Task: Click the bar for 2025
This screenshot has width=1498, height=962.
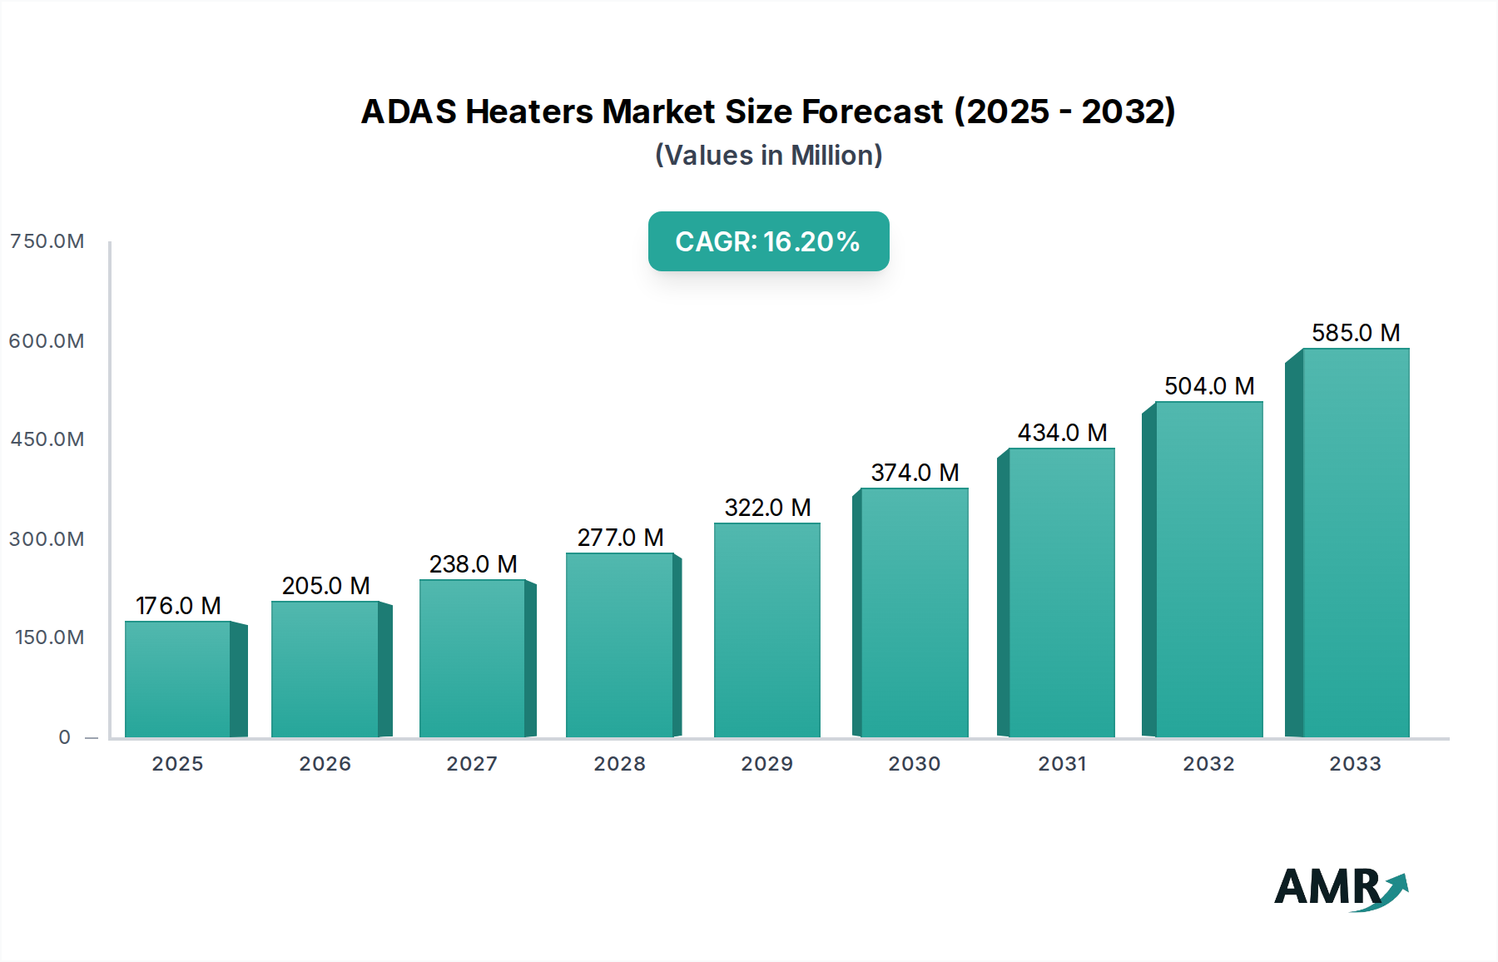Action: [177, 679]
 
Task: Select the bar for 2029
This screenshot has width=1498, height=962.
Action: [766, 630]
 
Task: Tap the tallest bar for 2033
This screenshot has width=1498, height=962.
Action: [1356, 543]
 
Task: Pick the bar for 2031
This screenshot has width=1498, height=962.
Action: [1061, 593]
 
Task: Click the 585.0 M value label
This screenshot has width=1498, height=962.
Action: [1356, 333]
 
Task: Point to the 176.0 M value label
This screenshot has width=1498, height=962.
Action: [178, 606]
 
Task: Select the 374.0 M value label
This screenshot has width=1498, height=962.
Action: [915, 473]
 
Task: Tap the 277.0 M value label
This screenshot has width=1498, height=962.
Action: [620, 538]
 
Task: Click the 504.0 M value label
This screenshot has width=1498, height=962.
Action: [1208, 386]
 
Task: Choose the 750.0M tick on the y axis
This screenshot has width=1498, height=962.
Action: [47, 241]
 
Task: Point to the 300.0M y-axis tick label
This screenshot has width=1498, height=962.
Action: [47, 539]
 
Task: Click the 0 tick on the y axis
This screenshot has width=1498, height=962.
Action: [64, 737]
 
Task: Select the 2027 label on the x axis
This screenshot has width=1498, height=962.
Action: [472, 764]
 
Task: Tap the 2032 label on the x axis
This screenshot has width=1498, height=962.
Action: [1208, 764]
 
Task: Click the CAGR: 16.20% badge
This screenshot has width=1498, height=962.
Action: [768, 241]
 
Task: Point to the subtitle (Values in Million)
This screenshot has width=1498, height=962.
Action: [768, 156]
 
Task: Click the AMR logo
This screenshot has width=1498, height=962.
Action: [1340, 888]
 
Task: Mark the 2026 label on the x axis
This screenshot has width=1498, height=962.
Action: [325, 764]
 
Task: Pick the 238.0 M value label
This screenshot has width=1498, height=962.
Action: [473, 564]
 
